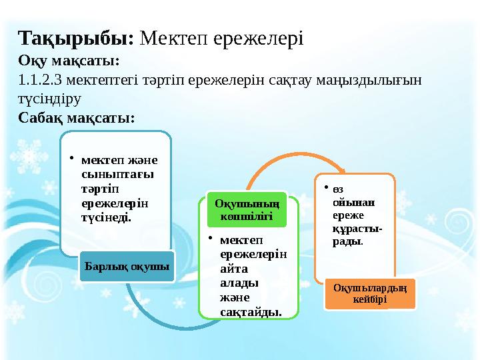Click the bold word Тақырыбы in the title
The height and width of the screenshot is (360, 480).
coord(76,36)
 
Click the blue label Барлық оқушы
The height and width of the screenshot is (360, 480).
coord(127,267)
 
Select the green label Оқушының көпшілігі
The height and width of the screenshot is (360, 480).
coord(247,210)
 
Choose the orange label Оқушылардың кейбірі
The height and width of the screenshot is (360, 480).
coord(369,294)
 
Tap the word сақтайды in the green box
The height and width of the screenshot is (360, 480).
coord(249,311)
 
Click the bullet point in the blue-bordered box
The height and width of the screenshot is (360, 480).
coord(75,159)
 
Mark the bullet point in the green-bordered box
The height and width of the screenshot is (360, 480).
coord(209,239)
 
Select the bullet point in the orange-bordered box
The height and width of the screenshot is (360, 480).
coord(327,188)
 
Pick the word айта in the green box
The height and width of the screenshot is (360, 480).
coord(232,268)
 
